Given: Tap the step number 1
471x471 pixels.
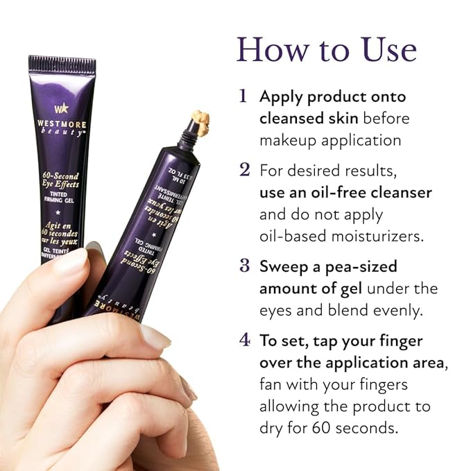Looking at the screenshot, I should pyautogui.click(x=243, y=96).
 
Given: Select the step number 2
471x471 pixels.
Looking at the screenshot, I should pyautogui.click(x=244, y=170).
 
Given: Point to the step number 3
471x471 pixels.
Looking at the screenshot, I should pyautogui.click(x=244, y=266).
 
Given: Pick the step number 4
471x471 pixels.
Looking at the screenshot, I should pyautogui.click(x=244, y=340).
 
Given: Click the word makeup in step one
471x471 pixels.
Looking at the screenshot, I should pyautogui.click(x=292, y=140).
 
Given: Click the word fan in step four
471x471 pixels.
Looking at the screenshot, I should pyautogui.click(x=271, y=384).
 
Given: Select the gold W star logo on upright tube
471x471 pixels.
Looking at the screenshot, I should pyautogui.click(x=61, y=108).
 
